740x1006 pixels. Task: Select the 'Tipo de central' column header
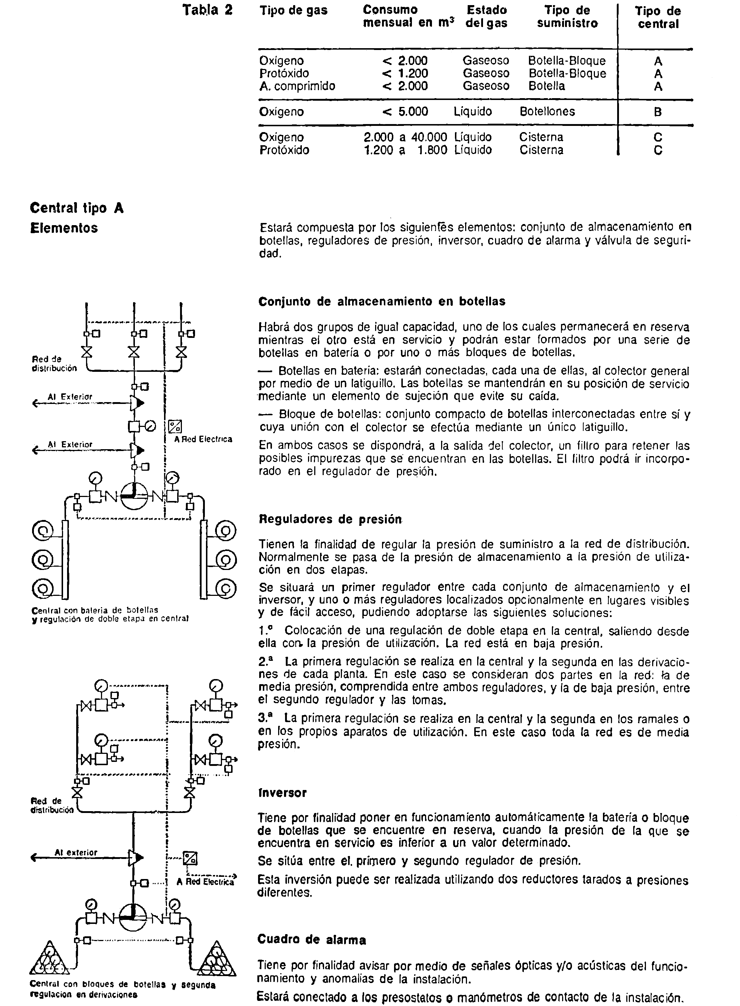coord(658,18)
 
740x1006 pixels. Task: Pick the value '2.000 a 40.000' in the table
coord(405,137)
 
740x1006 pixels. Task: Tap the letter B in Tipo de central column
coord(658,112)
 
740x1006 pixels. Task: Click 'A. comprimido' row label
coord(297,86)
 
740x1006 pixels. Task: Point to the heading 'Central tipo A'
coord(77,208)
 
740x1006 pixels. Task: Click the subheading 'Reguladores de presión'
coord(331,519)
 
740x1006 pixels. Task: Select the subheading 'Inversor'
coord(282,793)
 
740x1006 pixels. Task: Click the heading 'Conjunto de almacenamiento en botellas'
coord(382,301)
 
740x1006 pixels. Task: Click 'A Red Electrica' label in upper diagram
coord(203,439)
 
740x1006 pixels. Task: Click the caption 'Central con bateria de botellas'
coord(95,610)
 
